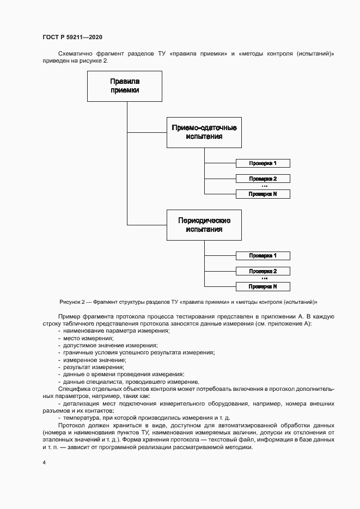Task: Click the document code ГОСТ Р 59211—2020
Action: (x=72, y=37)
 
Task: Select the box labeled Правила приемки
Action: (x=125, y=86)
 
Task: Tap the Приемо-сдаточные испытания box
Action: (x=204, y=132)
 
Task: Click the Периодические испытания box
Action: (x=204, y=225)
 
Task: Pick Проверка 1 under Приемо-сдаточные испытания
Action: (x=263, y=163)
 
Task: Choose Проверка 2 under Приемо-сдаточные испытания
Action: (x=263, y=179)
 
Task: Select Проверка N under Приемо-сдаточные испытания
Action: (x=263, y=194)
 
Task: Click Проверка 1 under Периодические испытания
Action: (x=263, y=256)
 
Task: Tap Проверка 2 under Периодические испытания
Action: (x=263, y=271)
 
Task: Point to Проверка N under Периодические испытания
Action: (x=263, y=286)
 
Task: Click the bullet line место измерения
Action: (x=84, y=338)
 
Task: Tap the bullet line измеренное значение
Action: (x=94, y=360)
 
